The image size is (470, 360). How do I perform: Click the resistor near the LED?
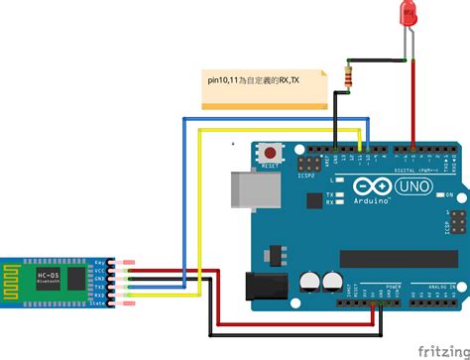coord(347,76)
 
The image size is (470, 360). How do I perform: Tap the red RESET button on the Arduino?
coord(268,155)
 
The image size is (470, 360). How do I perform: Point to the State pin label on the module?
coord(99,302)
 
